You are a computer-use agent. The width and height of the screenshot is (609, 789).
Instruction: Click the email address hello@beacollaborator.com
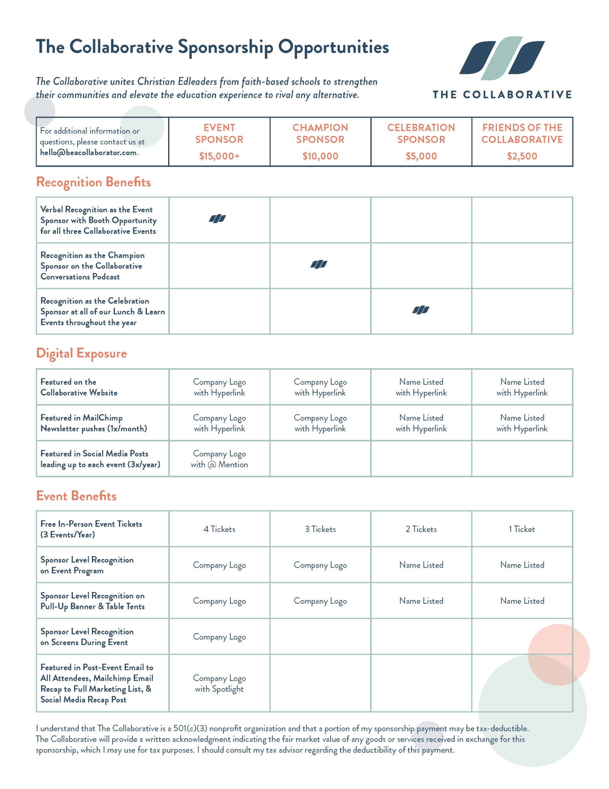point(88,153)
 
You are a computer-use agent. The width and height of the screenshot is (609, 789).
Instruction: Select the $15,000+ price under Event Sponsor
point(219,156)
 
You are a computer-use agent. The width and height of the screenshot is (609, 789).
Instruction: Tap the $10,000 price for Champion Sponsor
point(320,156)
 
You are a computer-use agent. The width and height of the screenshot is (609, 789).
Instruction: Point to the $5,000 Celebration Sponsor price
point(421,156)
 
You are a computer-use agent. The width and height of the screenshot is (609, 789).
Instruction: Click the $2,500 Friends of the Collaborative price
point(522,156)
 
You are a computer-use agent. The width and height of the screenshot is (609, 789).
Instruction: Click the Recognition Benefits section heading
point(94,182)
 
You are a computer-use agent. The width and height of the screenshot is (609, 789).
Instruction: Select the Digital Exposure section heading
point(82,353)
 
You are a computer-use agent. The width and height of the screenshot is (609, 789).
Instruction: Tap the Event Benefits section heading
point(77,496)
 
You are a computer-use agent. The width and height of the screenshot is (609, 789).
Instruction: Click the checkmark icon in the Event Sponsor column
point(217,219)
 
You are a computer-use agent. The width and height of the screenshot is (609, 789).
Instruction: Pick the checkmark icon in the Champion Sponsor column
point(319,264)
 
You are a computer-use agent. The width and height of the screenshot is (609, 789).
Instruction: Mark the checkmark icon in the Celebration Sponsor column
point(421,310)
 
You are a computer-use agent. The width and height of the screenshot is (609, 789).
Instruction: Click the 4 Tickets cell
point(219,529)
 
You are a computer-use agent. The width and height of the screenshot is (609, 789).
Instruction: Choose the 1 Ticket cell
point(522,529)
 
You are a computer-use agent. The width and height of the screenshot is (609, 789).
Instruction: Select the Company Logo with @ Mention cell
point(219,459)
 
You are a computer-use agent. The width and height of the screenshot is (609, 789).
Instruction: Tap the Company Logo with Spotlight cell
point(219,684)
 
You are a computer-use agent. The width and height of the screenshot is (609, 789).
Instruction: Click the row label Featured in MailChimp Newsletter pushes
point(94,423)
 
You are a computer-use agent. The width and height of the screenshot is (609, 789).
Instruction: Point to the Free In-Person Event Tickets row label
point(91,529)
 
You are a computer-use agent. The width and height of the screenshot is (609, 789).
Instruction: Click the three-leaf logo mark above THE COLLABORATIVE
point(502,58)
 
